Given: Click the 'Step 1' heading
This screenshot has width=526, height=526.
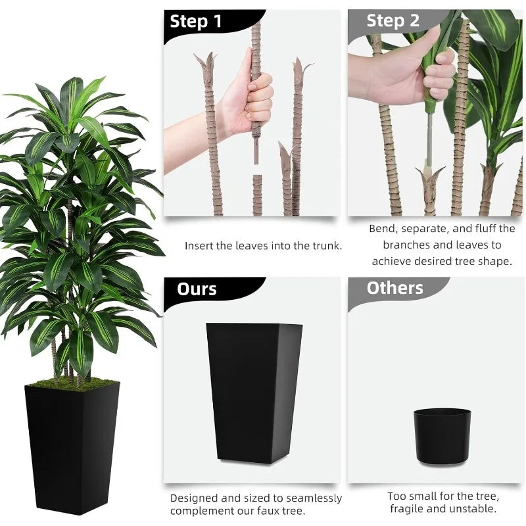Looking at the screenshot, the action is pos(195,22).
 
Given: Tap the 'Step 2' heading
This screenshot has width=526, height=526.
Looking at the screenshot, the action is pos(393,21).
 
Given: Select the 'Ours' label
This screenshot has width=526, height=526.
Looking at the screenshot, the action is pos(197,289).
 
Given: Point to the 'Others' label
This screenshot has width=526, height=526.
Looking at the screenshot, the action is pos(395,288).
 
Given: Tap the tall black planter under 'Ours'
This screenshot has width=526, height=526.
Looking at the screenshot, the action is pos(254,393).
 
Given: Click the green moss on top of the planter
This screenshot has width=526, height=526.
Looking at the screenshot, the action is pos(73,383).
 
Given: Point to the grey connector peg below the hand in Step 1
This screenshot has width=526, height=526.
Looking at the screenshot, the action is pos(256,152).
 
